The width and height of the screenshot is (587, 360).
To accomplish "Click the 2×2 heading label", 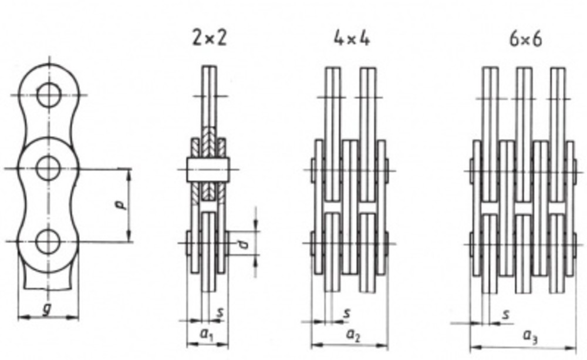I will click(x=208, y=39).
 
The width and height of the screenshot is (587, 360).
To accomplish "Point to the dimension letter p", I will click(x=120, y=205).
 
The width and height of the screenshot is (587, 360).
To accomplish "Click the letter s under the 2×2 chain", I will click(x=220, y=312).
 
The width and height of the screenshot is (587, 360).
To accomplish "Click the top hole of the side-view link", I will click(x=48, y=96).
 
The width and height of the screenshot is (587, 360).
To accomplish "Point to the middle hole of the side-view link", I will click(x=48, y=169).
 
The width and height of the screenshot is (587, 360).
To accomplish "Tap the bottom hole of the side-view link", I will click(x=48, y=241).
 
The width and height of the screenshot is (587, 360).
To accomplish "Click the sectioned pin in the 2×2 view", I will click(x=208, y=169).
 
